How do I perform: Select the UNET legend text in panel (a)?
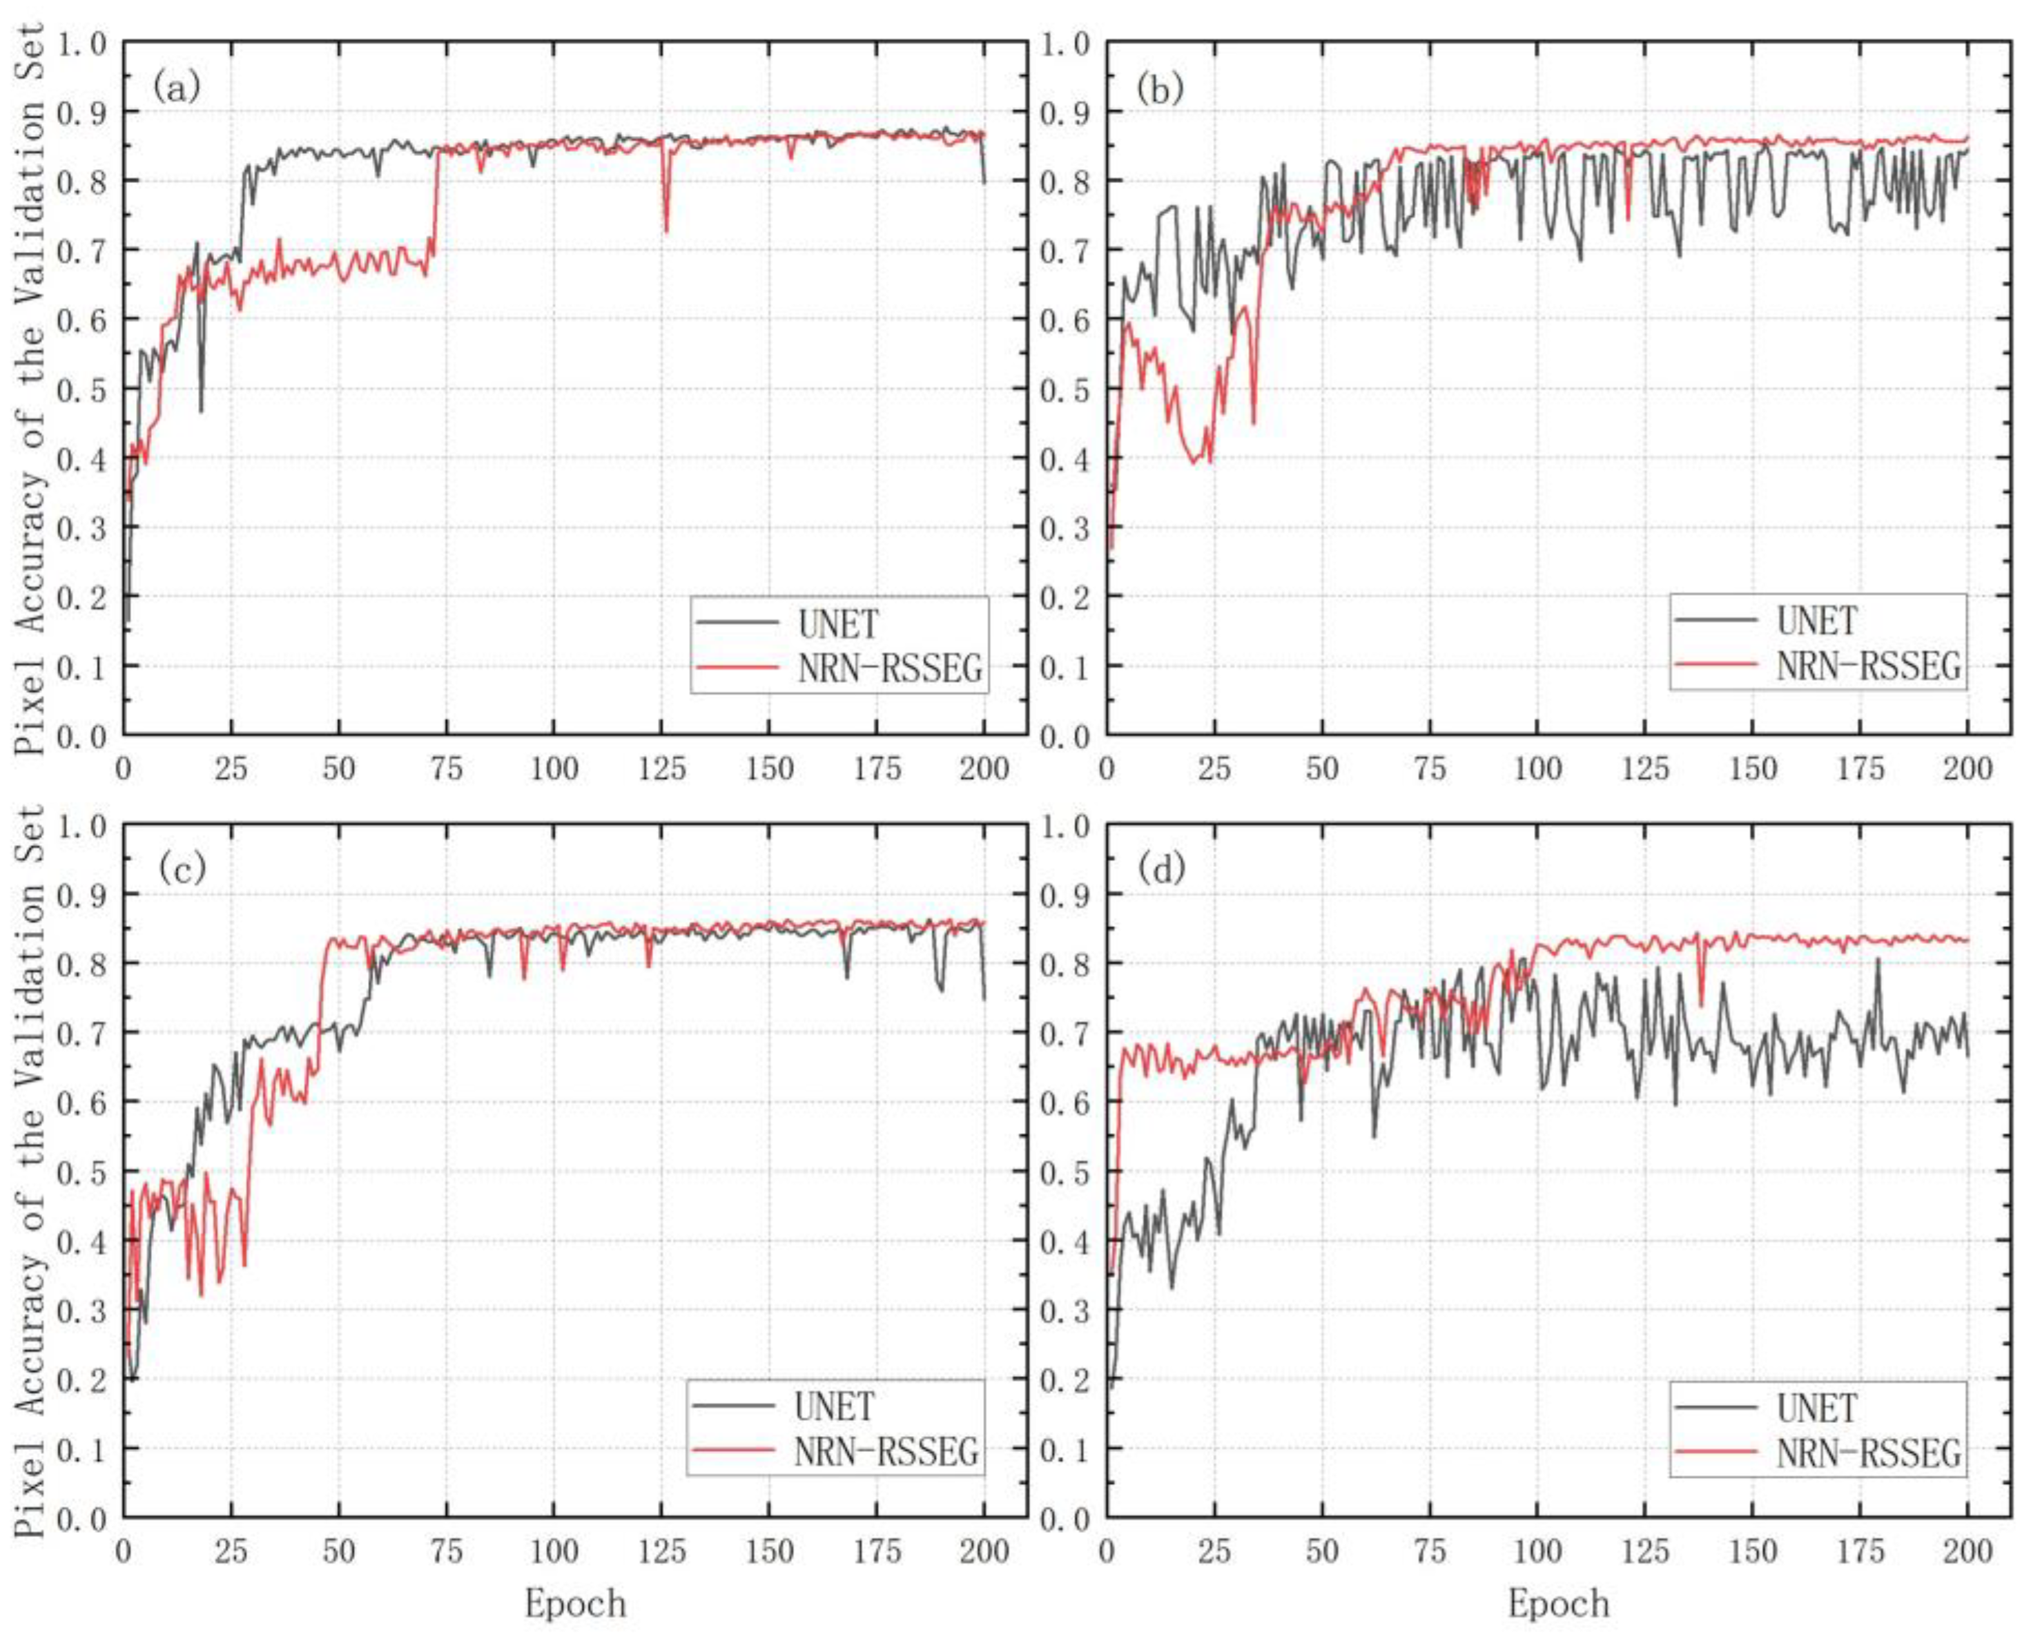[837, 624]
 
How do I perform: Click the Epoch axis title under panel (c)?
[575, 1603]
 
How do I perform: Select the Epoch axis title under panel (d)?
[1557, 1603]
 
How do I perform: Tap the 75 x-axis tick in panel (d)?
[1430, 1552]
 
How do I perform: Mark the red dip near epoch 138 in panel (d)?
[1700, 1005]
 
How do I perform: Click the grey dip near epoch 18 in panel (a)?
[201, 410]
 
